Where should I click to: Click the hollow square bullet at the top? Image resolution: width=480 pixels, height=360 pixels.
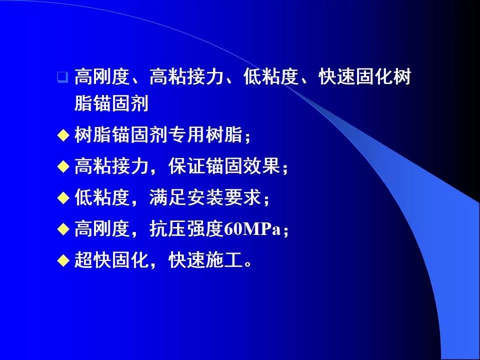pyautogui.click(x=62, y=77)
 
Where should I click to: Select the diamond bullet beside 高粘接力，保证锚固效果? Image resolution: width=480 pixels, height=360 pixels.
pyautogui.click(x=62, y=166)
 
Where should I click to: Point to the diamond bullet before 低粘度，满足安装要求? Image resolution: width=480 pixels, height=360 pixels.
pyautogui.click(x=62, y=198)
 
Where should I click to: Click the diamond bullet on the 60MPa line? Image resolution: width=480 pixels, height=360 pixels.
pyautogui.click(x=62, y=229)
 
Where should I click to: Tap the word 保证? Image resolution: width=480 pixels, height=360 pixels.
pyautogui.click(x=186, y=166)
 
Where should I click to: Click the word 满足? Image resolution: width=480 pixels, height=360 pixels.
pyautogui.click(x=167, y=198)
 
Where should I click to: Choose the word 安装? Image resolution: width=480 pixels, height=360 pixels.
pyautogui.click(x=205, y=198)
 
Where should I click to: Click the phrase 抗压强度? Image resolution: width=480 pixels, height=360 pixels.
pyautogui.click(x=186, y=229)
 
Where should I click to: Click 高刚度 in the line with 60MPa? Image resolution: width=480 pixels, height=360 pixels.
pyautogui.click(x=102, y=229)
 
